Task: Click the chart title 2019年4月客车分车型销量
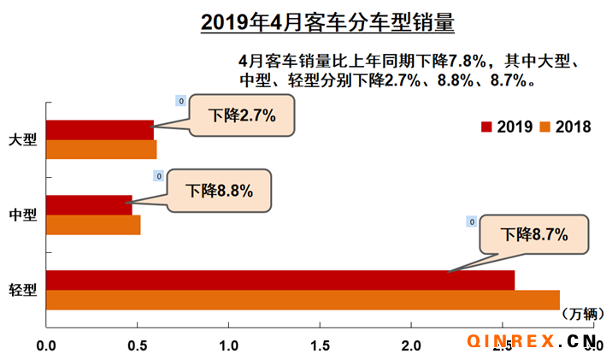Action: click(327, 21)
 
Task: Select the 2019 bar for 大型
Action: click(99, 130)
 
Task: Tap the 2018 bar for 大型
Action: click(101, 150)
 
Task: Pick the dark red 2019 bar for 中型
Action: click(89, 205)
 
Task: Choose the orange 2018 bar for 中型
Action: click(92, 225)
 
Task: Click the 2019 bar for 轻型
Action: click(280, 280)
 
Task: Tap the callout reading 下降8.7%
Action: click(534, 233)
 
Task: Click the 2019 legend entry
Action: click(507, 127)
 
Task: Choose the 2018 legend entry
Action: click(565, 127)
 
